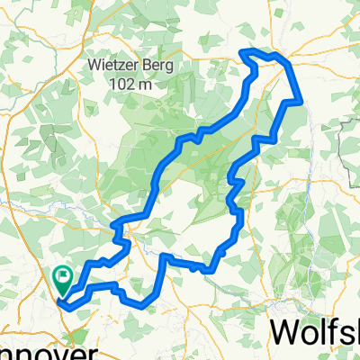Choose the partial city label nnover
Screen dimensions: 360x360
pos(36,352)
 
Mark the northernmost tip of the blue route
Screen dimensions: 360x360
pos(247,50)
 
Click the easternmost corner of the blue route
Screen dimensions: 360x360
pos(301,103)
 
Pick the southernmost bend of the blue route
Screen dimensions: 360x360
pos(142,306)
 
